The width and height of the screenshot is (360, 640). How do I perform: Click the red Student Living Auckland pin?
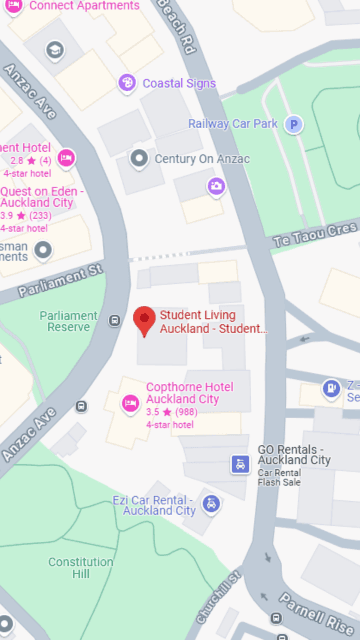point(145,320)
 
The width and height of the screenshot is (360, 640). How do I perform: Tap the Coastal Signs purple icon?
point(126,83)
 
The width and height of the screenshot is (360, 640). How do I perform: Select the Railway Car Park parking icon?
point(293,124)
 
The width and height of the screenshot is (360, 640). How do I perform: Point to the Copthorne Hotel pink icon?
point(129,403)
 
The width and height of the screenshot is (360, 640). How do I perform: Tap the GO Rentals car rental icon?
point(240,464)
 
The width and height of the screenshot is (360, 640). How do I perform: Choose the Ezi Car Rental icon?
point(210,503)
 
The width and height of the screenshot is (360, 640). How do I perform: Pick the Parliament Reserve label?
point(69,321)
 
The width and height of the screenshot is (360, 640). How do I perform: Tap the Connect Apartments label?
point(84,6)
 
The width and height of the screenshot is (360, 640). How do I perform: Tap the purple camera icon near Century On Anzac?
point(216,186)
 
